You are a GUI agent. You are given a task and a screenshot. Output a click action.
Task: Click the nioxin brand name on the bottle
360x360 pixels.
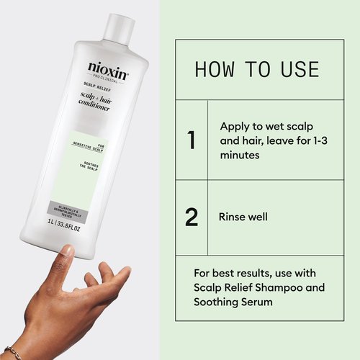click(x=107, y=67)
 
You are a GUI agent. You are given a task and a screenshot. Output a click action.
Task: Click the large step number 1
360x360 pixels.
click(x=192, y=140)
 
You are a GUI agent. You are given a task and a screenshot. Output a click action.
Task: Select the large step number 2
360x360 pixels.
click(x=192, y=217)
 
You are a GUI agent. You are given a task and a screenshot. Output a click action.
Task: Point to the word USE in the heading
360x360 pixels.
click(x=296, y=70)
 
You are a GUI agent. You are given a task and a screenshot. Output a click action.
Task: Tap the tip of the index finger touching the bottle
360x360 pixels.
click(x=67, y=251)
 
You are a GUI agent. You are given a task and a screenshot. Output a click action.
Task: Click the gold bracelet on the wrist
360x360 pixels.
click(x=11, y=353)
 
